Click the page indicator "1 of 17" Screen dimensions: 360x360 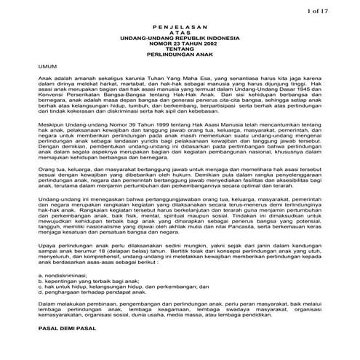340,10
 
